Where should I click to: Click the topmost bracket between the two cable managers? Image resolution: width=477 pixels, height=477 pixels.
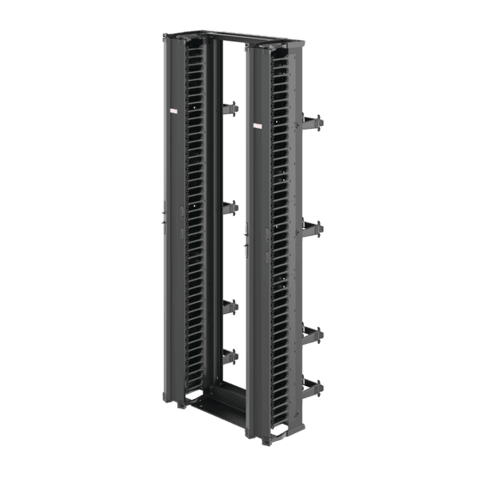point(229,109)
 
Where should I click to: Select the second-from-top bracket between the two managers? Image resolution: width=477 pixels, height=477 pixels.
point(229,207)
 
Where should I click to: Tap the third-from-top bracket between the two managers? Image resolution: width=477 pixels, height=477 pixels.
point(229,306)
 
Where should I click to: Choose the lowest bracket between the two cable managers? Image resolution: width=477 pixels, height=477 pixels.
point(229,354)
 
